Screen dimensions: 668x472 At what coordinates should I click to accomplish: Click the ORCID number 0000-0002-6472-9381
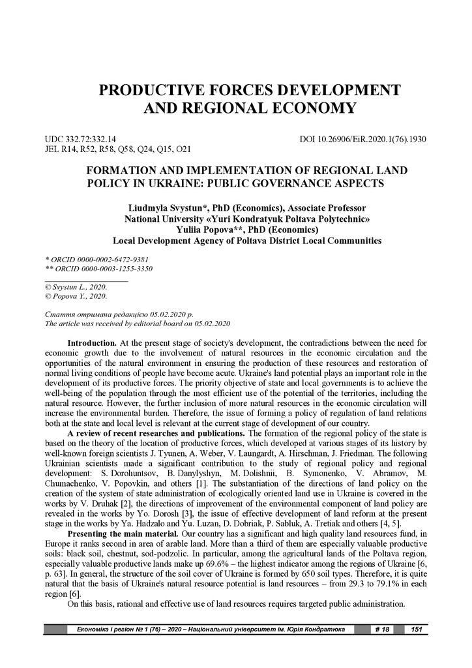click(105, 259)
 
